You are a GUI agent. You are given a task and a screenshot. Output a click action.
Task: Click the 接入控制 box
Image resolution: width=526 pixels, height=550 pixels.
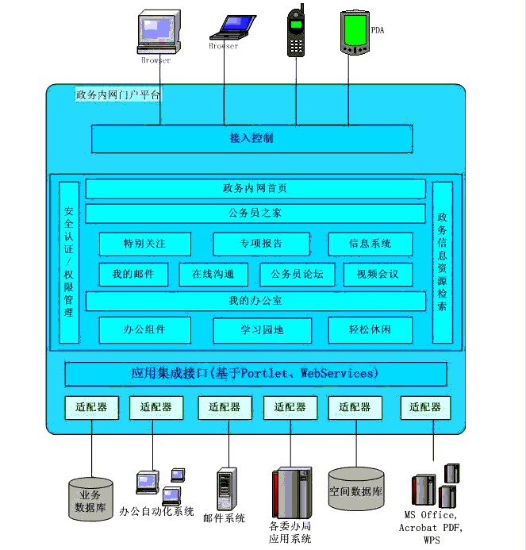tap(251, 139)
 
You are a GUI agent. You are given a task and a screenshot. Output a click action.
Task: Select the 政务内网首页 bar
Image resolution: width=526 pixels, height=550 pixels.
tap(255, 189)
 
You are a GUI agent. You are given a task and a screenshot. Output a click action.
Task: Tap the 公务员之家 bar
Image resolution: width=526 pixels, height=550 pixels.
tap(255, 213)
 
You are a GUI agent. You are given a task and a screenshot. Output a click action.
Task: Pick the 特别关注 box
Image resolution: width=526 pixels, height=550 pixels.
tap(144, 244)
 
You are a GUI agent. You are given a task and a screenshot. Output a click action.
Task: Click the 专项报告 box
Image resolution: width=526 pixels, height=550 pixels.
tap(261, 244)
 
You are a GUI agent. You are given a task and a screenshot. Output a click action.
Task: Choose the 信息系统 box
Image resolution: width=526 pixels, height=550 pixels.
tap(371, 244)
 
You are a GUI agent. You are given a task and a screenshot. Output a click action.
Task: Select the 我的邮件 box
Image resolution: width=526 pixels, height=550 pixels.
tap(133, 275)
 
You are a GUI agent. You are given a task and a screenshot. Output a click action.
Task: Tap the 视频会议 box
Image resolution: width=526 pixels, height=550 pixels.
tap(378, 275)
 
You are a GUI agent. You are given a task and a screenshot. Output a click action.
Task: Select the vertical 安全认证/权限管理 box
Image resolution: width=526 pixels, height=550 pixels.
tap(69, 263)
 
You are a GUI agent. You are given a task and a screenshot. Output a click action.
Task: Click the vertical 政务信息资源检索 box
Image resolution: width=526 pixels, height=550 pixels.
tap(442, 263)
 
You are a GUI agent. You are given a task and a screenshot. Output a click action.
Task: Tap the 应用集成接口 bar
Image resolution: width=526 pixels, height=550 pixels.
tap(255, 374)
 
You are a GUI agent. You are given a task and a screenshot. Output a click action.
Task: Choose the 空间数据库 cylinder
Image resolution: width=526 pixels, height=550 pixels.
tap(356, 490)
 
